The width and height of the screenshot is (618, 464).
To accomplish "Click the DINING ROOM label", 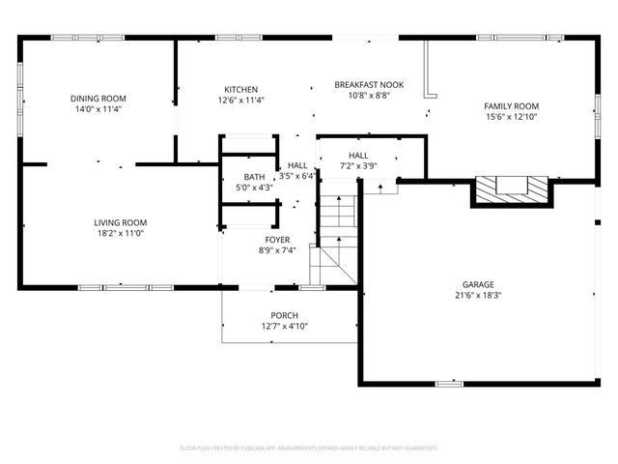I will [x=98, y=99].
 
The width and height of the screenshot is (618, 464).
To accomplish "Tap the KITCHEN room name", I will [x=241, y=89].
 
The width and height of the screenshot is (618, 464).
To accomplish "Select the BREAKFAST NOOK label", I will [x=369, y=85].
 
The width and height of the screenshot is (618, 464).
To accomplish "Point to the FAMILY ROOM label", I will [x=511, y=106].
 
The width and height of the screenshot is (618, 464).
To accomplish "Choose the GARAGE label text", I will [x=477, y=285].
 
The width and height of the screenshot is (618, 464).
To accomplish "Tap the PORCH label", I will [x=284, y=316].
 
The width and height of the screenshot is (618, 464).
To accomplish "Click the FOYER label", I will [x=277, y=240].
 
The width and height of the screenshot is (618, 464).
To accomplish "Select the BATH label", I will [x=254, y=177].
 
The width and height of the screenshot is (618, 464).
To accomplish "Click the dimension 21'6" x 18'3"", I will [x=477, y=296].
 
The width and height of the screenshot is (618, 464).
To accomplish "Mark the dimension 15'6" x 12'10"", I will [x=511, y=117].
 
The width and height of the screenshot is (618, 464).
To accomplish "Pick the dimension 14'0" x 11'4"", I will [x=98, y=109].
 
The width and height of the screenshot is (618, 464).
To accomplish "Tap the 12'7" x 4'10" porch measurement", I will [x=284, y=327].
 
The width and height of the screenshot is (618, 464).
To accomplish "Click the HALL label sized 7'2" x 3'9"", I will [x=358, y=155].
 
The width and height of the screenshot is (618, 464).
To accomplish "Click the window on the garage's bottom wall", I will [x=449, y=384].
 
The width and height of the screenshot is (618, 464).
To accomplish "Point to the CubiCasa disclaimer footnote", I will [x=309, y=449].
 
